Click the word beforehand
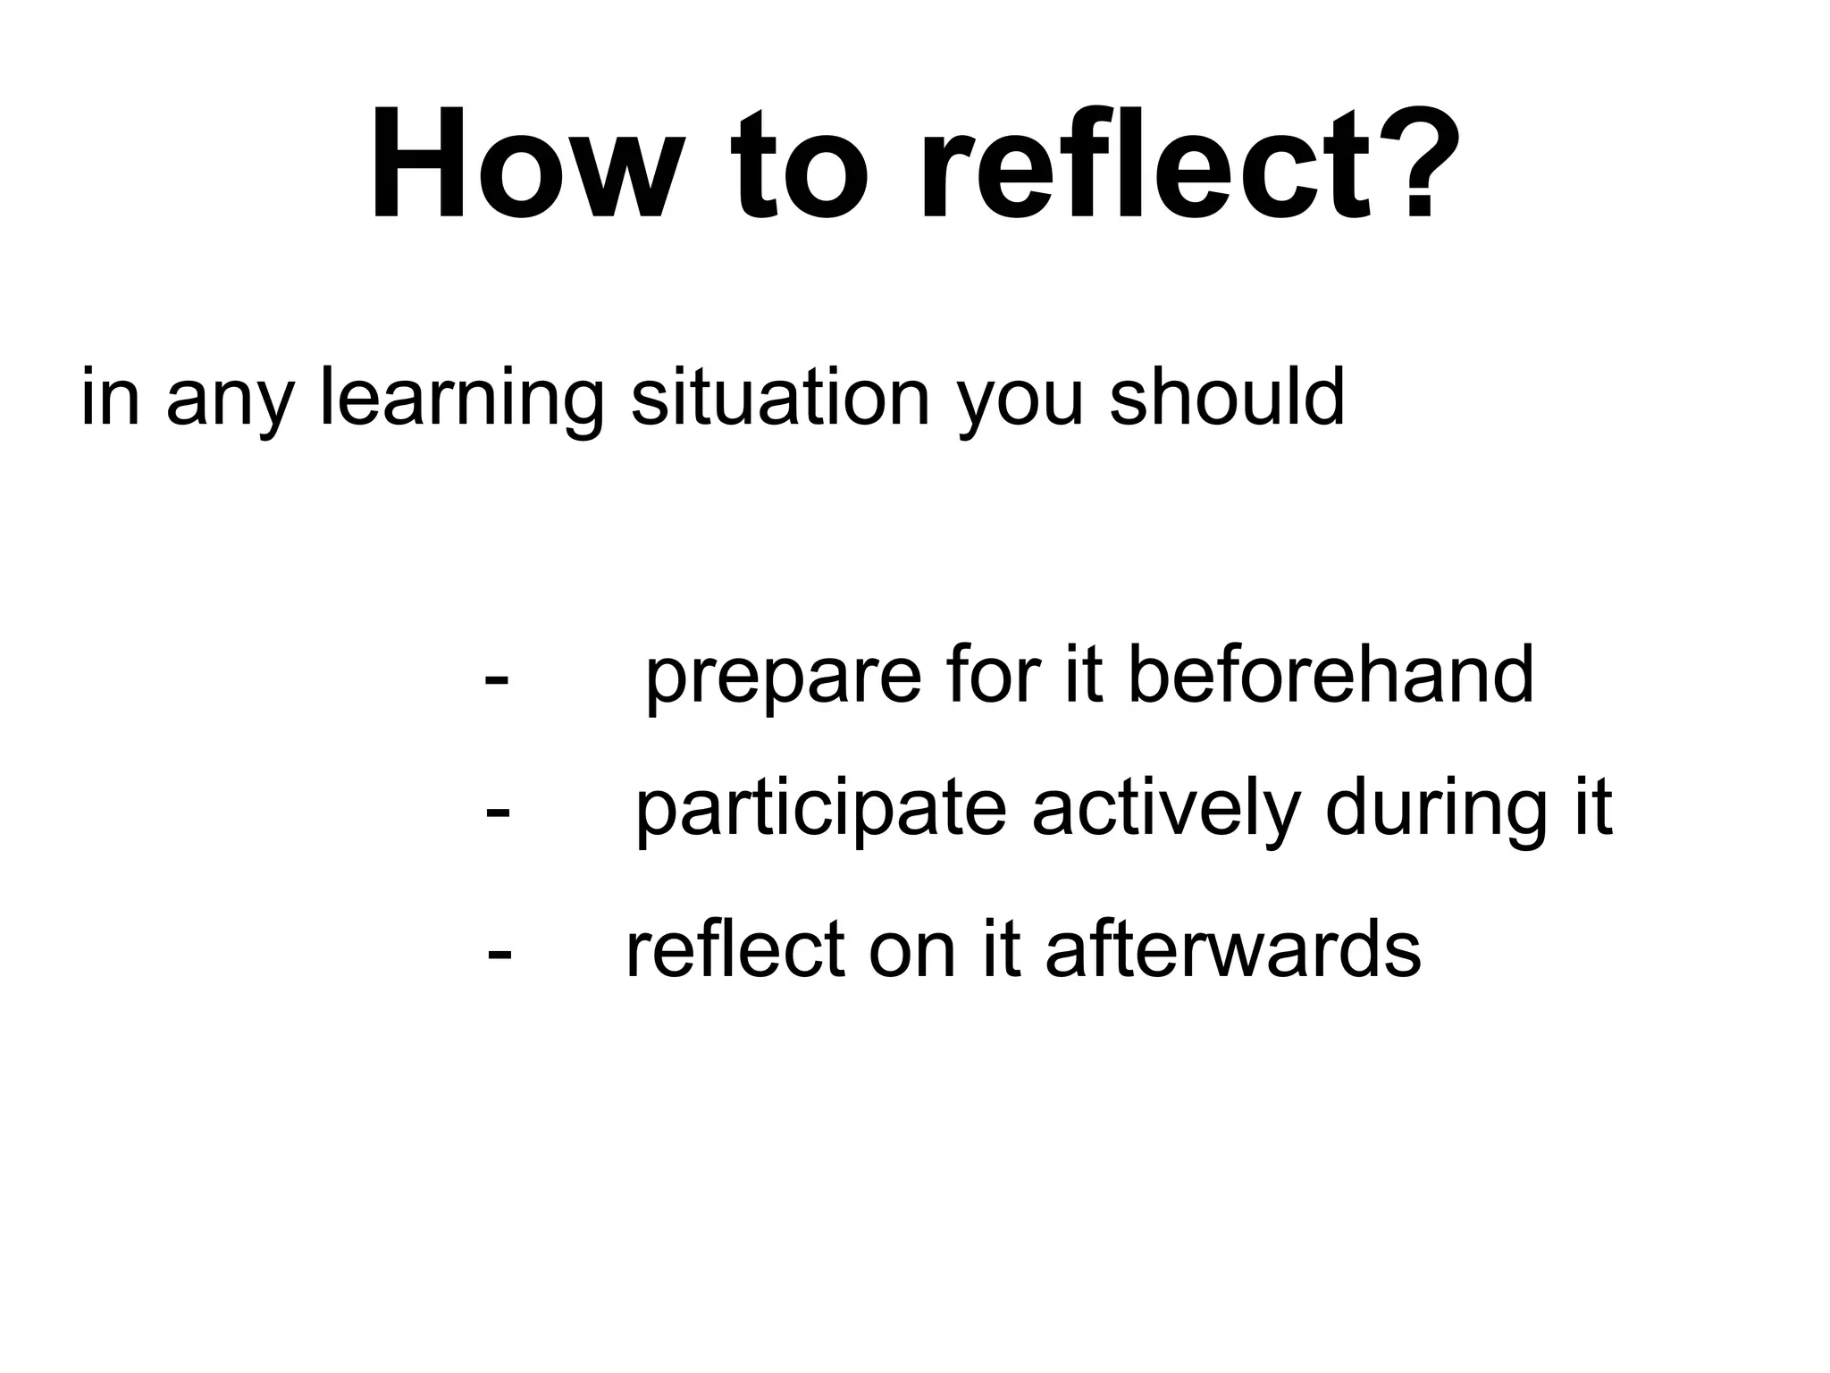tap(1331, 674)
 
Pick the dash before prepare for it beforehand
tap(497, 678)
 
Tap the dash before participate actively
tap(498, 812)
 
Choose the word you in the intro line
tap(1020, 402)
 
